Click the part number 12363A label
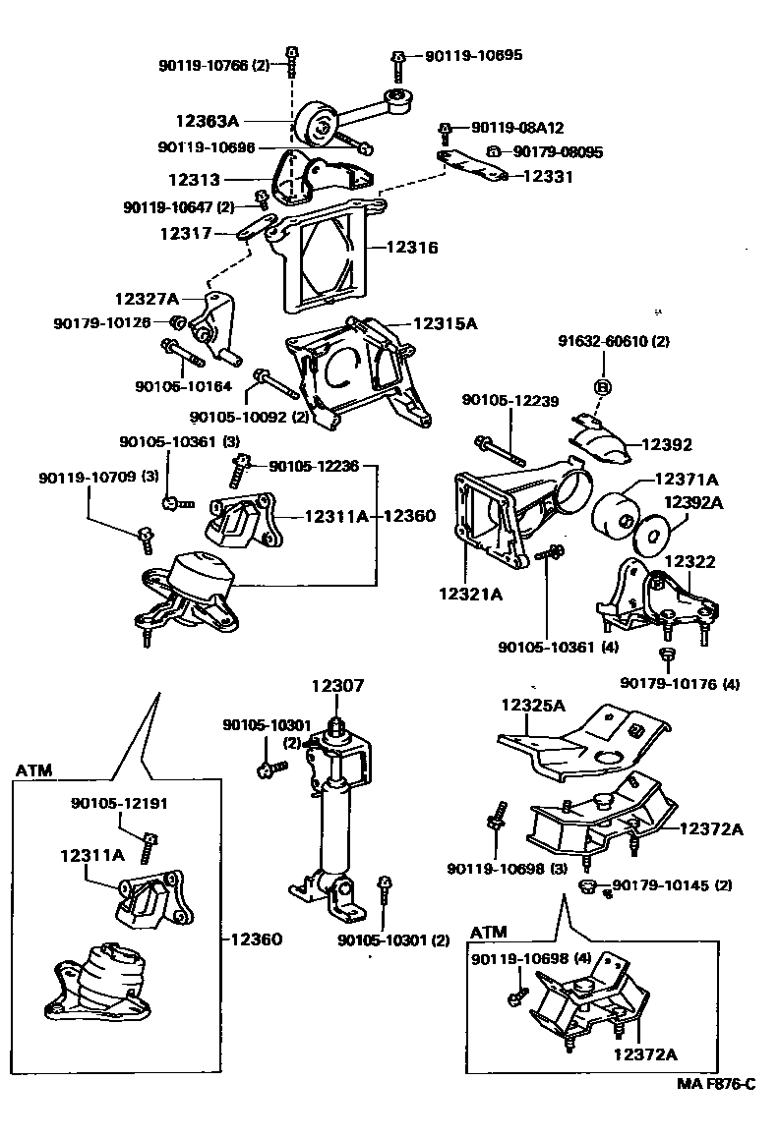tap(208, 122)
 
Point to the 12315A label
tap(445, 322)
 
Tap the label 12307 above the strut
tap(338, 687)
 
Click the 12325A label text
tap(532, 705)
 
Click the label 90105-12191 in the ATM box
tap(119, 803)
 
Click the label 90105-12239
tap(510, 400)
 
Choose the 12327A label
tap(147, 299)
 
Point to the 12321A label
tap(470, 594)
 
